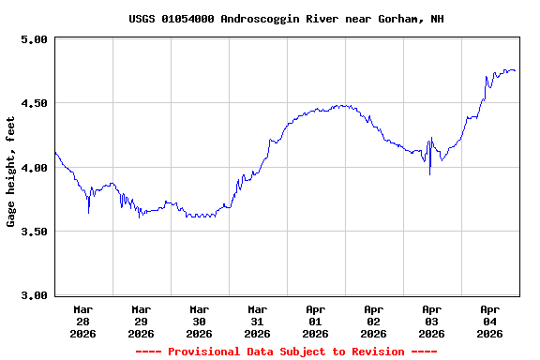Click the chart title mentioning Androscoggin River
click(x=287, y=19)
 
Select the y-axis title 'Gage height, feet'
click(x=11, y=172)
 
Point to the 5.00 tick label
click(x=34, y=39)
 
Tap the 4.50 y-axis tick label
click(x=34, y=103)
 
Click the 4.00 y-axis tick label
click(x=34, y=167)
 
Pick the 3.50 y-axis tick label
click(x=34, y=232)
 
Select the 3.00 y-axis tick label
click(x=34, y=295)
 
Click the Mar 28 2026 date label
click(x=82, y=321)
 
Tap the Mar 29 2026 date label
click(x=141, y=321)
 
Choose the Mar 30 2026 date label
click(x=199, y=321)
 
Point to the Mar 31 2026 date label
click(x=257, y=321)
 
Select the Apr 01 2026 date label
click(x=315, y=321)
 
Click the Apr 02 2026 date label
click(x=373, y=321)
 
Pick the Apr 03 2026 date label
click(x=431, y=321)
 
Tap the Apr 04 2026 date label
click(x=489, y=321)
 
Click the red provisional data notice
click(x=286, y=352)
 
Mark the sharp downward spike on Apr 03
click(x=430, y=173)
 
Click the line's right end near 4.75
click(x=515, y=71)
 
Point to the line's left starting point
click(x=55, y=152)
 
